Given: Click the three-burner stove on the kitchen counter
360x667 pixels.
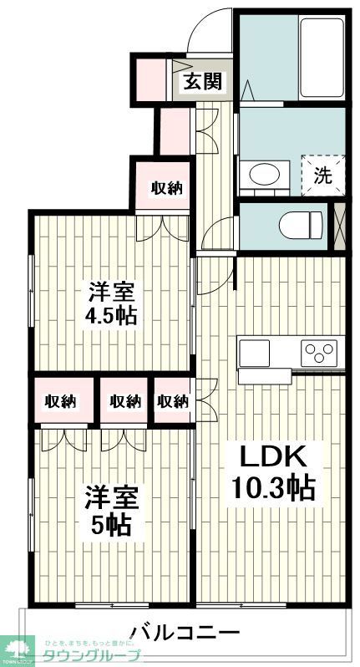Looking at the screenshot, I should coord(318,351).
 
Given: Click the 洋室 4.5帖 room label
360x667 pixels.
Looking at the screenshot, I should coord(113,305).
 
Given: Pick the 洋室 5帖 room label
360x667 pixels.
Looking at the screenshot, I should coord(111,510).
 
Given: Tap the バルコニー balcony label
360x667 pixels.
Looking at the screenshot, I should coord(185,631).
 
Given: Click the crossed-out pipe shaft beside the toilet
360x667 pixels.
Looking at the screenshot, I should coord(338,225).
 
